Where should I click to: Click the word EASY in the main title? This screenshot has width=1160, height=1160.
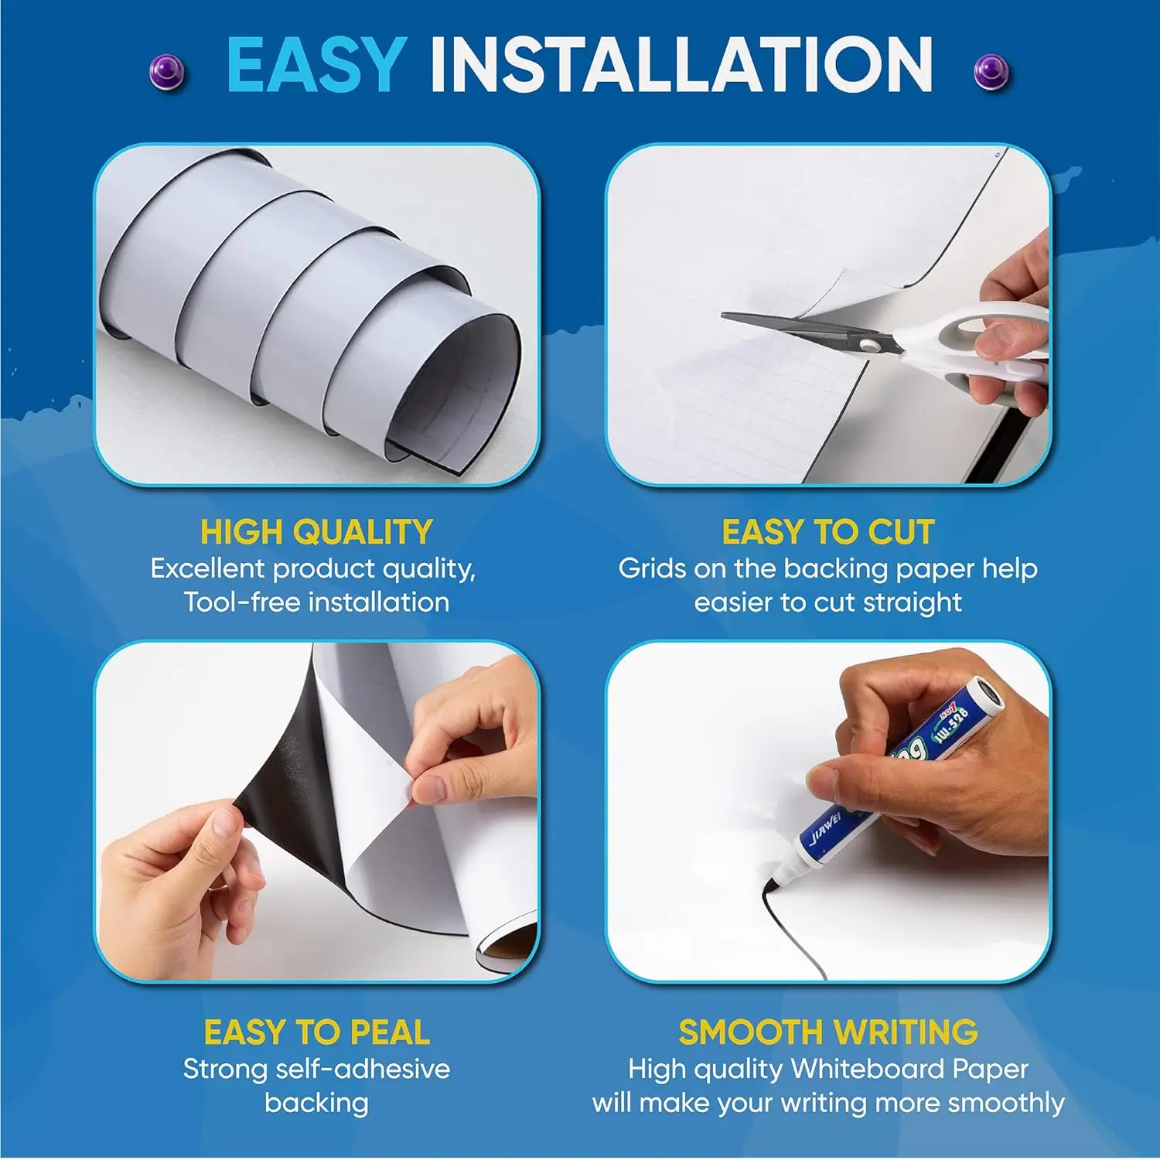click(316, 66)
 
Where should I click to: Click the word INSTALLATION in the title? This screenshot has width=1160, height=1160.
click(681, 66)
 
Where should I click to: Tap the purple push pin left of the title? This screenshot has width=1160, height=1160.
click(166, 73)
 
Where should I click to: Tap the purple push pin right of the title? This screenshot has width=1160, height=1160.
click(991, 73)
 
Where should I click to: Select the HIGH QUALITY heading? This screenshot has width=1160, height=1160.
click(316, 532)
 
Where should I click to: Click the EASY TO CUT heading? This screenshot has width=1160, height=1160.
click(827, 532)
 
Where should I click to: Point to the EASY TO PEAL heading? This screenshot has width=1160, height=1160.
click(316, 1032)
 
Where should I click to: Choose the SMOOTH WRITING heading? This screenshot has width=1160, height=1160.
click(827, 1032)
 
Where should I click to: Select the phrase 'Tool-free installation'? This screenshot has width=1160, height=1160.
click(316, 602)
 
